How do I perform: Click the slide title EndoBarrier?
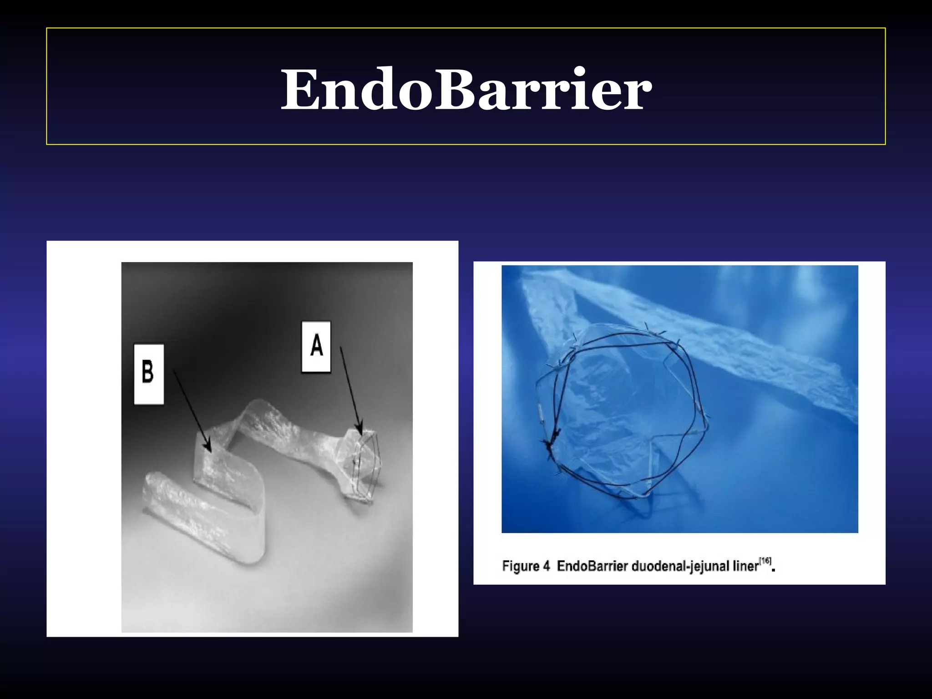point(466,89)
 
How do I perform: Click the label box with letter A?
point(316,347)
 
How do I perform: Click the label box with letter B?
point(148,374)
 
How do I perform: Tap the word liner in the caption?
point(746,566)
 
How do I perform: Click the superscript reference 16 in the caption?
point(766,561)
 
